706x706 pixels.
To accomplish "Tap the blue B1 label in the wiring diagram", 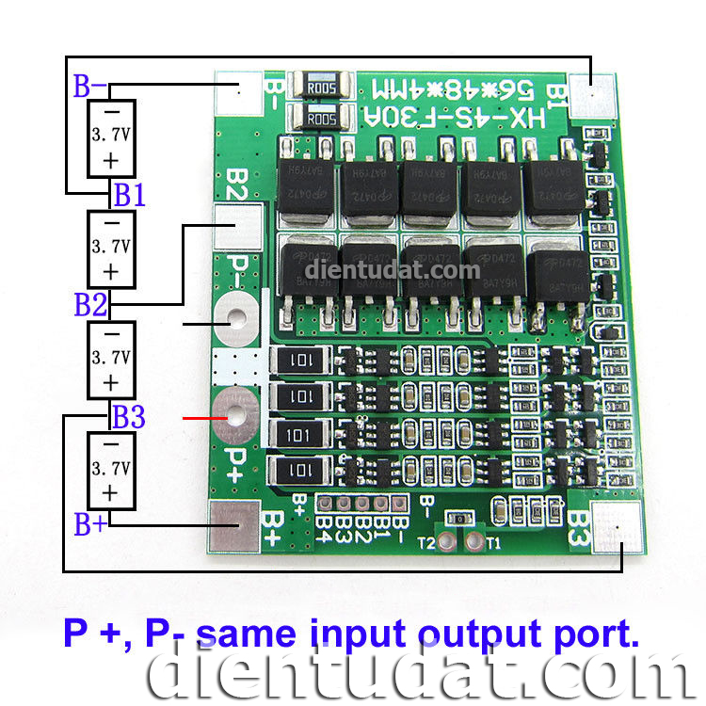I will click(129, 196).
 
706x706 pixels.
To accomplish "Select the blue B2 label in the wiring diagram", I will click(90, 305).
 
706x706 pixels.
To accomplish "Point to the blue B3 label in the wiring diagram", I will click(129, 415).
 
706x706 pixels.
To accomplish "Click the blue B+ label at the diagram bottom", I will click(90, 525).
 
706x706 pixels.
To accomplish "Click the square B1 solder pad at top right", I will click(591, 94).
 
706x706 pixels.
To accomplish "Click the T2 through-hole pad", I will click(452, 543).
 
